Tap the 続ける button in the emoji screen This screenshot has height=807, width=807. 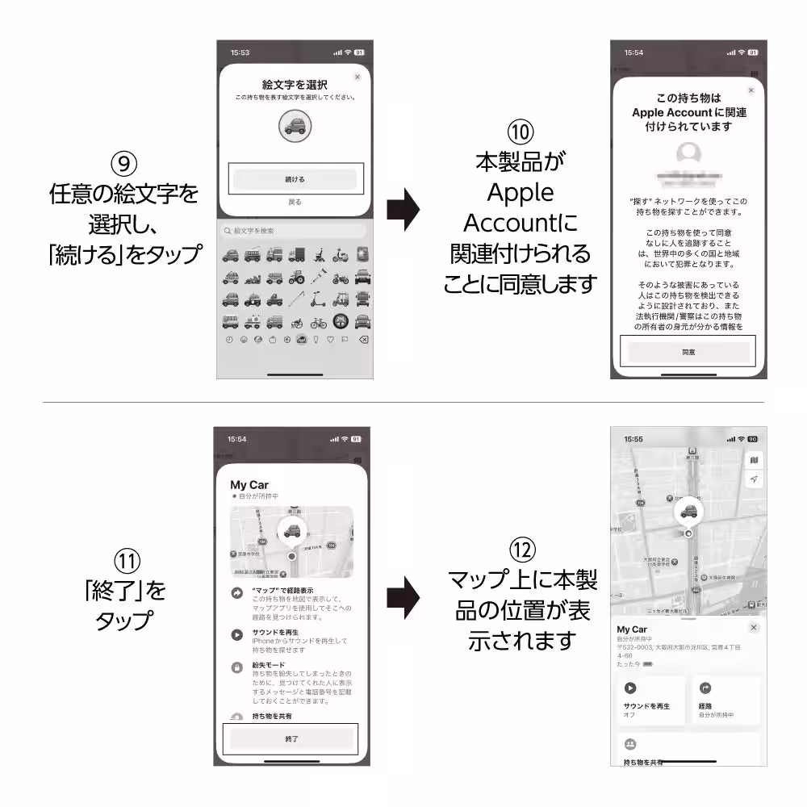click(x=295, y=179)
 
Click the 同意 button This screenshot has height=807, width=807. click(x=688, y=352)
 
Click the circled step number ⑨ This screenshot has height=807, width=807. click(x=123, y=165)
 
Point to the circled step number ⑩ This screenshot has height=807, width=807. click(x=520, y=132)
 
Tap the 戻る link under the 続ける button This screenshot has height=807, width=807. click(x=295, y=202)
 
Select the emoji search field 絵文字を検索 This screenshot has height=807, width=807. click(x=295, y=232)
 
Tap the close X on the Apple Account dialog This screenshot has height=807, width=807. click(x=751, y=90)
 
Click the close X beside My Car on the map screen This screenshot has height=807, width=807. click(x=754, y=627)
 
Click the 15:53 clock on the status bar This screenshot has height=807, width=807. click(x=240, y=52)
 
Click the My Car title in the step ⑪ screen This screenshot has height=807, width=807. click(x=249, y=485)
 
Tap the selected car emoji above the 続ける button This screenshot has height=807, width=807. click(x=295, y=125)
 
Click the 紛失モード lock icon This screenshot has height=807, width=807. click(x=237, y=667)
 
